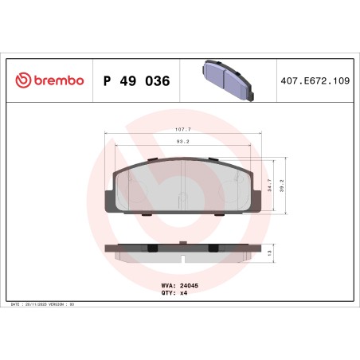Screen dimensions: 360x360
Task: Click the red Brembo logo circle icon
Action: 24,81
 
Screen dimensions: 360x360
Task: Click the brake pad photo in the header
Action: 226,80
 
